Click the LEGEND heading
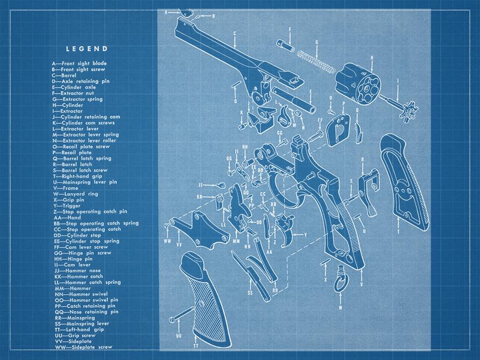coord(87,48)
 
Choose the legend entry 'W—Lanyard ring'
coord(75,194)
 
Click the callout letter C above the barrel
coord(235,33)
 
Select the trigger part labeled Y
coord(285,228)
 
